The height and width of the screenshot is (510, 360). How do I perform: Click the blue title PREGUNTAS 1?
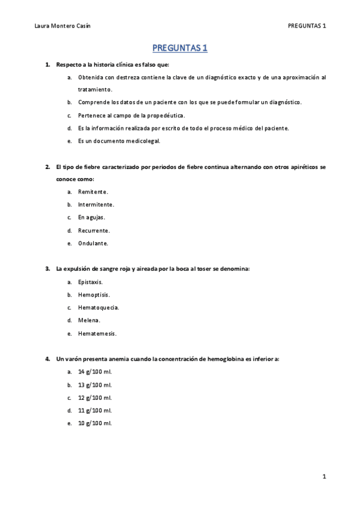pos(180,48)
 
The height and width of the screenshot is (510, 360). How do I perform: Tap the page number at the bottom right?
pos(324,477)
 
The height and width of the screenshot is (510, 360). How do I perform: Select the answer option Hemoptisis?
pos(94,295)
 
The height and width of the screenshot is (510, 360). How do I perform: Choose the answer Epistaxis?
pos(91,281)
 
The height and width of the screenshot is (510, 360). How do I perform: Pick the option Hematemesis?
pos(97,333)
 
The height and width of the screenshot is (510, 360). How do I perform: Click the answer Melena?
pos(89,321)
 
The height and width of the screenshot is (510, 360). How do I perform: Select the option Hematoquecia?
pos(99,307)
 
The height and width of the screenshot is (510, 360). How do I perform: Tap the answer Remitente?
pos(93,192)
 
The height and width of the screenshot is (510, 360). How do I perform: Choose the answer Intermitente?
pos(96,204)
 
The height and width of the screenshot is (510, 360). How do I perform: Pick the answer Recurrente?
pos(94,230)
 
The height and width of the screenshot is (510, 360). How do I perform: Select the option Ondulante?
pos(93,244)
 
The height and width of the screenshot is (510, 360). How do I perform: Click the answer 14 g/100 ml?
pos(95,372)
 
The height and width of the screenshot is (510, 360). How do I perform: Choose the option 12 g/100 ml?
pos(95,398)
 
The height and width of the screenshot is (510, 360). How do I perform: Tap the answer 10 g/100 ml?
pos(95,423)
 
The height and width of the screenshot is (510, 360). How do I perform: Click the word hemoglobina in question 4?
pos(225,359)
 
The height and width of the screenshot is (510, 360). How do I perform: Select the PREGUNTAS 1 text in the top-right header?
pos(307,25)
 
